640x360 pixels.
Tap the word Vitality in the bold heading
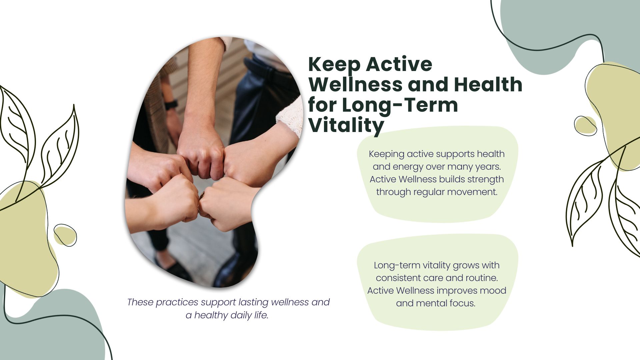pos(346,126)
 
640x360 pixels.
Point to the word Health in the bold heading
pos(488,84)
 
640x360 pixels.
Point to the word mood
pos(493,291)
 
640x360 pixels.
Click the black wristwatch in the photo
pos(171,105)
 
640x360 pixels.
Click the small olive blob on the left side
pos(65,235)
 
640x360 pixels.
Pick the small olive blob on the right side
pos(585,126)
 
